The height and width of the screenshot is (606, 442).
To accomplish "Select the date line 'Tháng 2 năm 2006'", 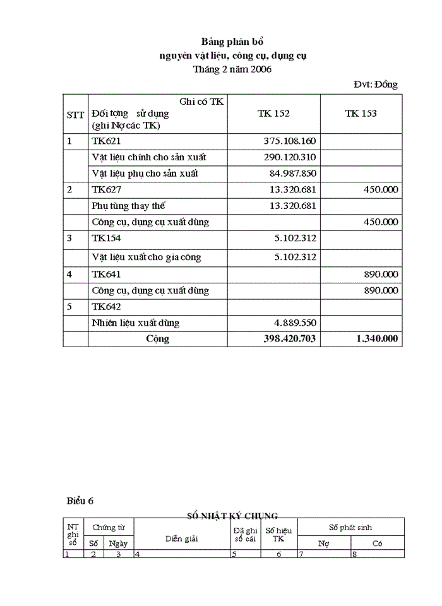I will tap(232, 69).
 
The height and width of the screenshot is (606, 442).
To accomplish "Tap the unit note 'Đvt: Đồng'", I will tap(376, 84).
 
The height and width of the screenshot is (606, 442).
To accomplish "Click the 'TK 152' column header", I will tap(273, 114).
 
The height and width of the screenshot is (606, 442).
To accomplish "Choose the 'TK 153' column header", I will tap(361, 114).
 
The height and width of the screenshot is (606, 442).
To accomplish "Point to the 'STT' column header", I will tap(75, 115).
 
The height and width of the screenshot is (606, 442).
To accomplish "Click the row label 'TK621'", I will tap(106, 141).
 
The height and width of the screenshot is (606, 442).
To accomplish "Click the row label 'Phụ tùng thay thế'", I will tap(128, 206).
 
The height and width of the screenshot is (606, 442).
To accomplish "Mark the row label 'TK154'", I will tap(106, 238).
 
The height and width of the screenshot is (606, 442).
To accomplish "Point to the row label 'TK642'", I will tap(106, 307).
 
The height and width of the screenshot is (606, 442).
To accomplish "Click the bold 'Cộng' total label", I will tap(157, 339).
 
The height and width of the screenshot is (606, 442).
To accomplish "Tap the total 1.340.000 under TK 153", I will tap(377, 339).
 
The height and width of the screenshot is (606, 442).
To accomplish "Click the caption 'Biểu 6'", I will tap(80, 501).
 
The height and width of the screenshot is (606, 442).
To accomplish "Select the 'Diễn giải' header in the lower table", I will tap(182, 538).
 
